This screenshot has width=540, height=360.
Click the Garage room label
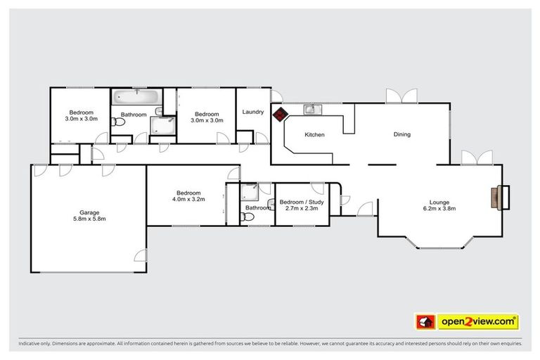89,212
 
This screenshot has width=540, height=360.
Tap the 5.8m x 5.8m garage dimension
89,219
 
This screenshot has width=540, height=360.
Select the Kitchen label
314,134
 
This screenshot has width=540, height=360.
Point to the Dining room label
401,134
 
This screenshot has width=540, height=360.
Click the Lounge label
439,201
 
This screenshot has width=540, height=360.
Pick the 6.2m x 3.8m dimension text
439,208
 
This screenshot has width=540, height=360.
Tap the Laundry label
252,112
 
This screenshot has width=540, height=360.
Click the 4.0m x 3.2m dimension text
188,199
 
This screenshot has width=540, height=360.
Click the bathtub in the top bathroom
136,97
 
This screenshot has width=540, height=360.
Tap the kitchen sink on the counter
312,109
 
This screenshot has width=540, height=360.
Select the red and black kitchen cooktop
280,114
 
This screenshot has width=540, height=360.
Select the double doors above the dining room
401,96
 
